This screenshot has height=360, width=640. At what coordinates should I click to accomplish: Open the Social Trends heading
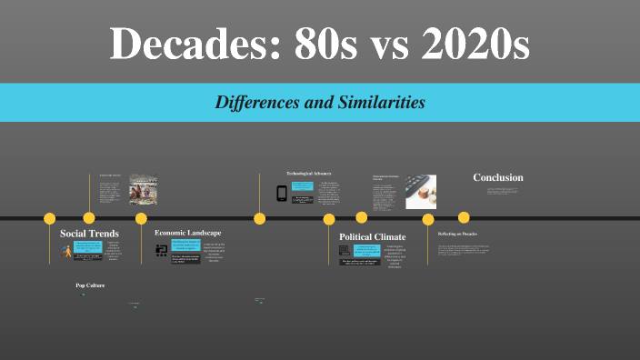pos(89,234)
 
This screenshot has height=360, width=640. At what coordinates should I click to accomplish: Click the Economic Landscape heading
pos(187,233)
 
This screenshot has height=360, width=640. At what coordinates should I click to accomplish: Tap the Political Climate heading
pos(372,236)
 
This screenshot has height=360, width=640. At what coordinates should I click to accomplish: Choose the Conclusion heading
pos(498,177)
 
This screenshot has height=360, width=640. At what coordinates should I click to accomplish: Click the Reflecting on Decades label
pos(457,234)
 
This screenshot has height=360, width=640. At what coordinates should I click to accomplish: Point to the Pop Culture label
pos(91,285)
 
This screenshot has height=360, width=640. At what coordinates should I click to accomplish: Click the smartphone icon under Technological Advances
pos(282,193)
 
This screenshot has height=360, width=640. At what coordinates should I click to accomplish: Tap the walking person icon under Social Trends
pos(66,251)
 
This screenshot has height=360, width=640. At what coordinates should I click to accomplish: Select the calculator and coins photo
pos(420,190)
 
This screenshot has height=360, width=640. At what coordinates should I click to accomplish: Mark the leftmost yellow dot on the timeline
pos(50,218)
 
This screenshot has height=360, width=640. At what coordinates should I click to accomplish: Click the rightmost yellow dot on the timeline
pos(464,218)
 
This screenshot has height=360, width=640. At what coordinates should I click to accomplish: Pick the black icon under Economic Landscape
pos(162,249)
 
